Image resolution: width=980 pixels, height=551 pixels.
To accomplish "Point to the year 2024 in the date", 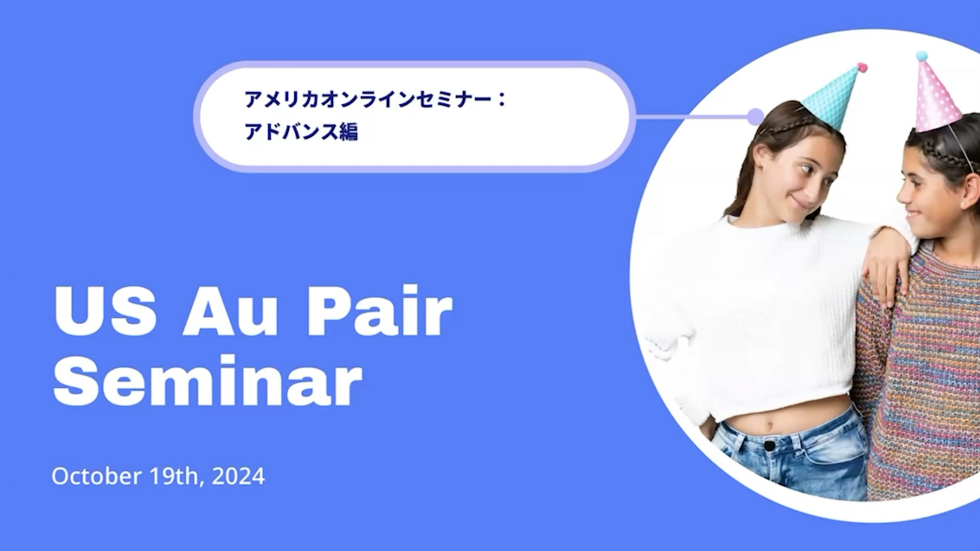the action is (x=238, y=476).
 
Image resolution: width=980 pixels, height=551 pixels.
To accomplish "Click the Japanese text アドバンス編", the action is (x=301, y=132).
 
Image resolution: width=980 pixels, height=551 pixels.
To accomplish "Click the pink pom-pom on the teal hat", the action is (x=862, y=68).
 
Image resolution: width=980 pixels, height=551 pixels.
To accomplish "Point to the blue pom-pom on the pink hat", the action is (x=921, y=57).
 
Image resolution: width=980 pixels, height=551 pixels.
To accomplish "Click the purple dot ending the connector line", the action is (x=755, y=117).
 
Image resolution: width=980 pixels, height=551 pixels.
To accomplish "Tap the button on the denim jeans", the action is (x=769, y=446).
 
